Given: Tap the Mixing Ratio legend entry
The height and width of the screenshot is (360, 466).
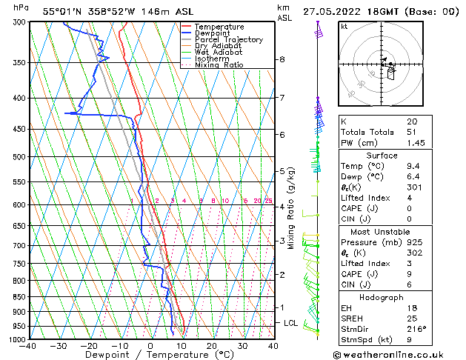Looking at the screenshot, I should coord(219,66).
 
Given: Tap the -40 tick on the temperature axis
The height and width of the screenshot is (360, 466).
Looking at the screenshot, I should coord(29,346).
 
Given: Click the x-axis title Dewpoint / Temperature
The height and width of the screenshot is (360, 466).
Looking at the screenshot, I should coord(151,356).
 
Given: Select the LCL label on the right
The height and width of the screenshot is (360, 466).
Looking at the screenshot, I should coord(291,324).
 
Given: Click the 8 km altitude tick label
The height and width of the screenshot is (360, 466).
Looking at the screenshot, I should coord(282,59).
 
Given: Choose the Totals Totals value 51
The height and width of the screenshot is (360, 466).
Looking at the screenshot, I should coord(411,132).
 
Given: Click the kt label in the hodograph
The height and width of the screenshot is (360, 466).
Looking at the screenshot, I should coord(344,27).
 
